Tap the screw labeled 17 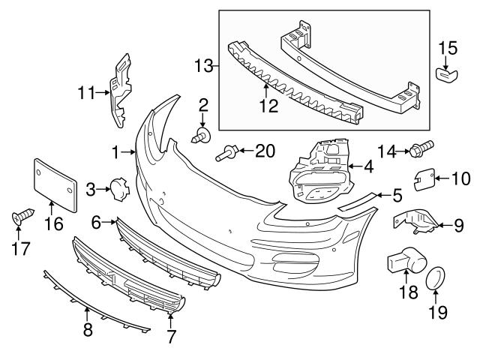click(x=20, y=218)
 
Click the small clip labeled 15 click(x=448, y=75)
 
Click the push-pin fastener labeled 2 click(x=202, y=136)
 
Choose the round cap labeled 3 click(x=118, y=190)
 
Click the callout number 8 click(x=88, y=330)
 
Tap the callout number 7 click(x=171, y=337)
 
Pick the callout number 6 click(x=97, y=223)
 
